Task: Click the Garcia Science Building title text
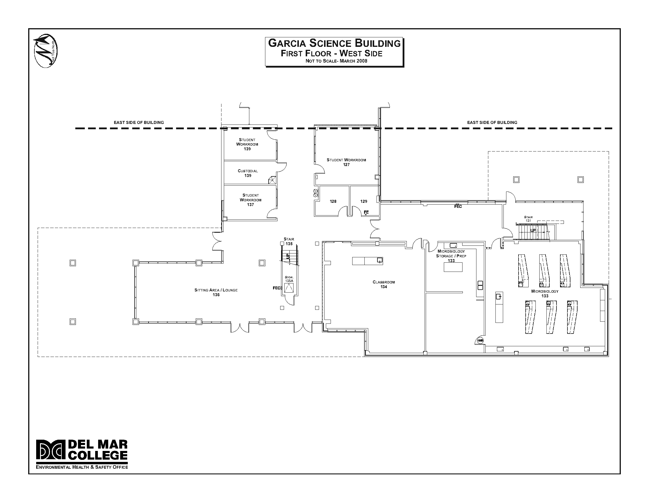(334, 43)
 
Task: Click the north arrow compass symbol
(45, 51)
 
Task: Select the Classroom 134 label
(384, 284)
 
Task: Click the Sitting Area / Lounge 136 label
(216, 292)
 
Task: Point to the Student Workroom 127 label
(346, 162)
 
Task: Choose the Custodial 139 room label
(248, 173)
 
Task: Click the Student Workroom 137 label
(251, 200)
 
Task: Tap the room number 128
(333, 202)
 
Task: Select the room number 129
(364, 202)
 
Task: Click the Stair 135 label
(289, 241)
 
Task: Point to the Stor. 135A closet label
(289, 279)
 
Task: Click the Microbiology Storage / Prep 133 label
(451, 256)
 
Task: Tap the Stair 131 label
(528, 219)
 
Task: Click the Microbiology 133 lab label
(545, 294)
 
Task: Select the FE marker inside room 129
(366, 212)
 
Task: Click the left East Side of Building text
(139, 122)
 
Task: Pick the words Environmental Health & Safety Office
(82, 467)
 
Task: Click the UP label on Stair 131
(533, 230)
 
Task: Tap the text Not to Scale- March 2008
(337, 61)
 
